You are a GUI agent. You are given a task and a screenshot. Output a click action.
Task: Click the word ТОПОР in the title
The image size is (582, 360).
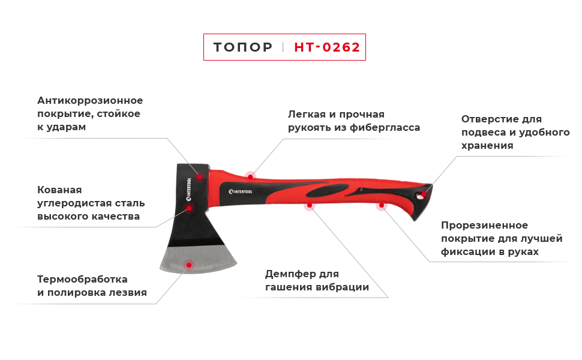point(243,47)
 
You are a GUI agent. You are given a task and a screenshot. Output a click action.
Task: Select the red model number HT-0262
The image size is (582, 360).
point(327,47)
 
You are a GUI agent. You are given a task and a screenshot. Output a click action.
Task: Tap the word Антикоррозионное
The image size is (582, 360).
point(90,101)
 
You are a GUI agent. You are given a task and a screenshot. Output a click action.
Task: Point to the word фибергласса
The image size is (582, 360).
point(385,128)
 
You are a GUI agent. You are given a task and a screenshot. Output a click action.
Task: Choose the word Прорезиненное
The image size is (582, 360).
point(484,225)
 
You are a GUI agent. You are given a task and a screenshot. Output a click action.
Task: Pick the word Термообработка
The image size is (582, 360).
point(82,280)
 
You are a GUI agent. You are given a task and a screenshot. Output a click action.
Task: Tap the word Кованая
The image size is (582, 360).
point(59,190)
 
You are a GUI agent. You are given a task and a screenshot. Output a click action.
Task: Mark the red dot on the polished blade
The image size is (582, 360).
point(189,265)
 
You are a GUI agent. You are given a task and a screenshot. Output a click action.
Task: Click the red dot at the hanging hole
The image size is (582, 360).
point(424,194)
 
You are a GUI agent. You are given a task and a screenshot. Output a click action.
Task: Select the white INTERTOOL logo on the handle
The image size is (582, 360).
point(240,191)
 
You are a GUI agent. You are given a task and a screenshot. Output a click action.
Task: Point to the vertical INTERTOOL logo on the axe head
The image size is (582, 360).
point(189,189)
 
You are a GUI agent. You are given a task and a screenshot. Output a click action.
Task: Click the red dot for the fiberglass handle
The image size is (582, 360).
point(251,176)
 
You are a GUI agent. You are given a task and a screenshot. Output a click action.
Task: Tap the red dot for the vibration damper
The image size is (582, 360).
point(310,205)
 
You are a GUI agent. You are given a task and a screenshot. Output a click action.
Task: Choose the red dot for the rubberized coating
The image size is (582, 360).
point(382,205)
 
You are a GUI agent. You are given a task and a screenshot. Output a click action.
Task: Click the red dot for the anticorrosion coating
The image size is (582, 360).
point(200,176)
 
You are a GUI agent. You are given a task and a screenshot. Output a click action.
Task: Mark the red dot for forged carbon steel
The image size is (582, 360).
point(189,208)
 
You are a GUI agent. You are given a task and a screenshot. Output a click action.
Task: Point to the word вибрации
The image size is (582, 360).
point(343,287)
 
